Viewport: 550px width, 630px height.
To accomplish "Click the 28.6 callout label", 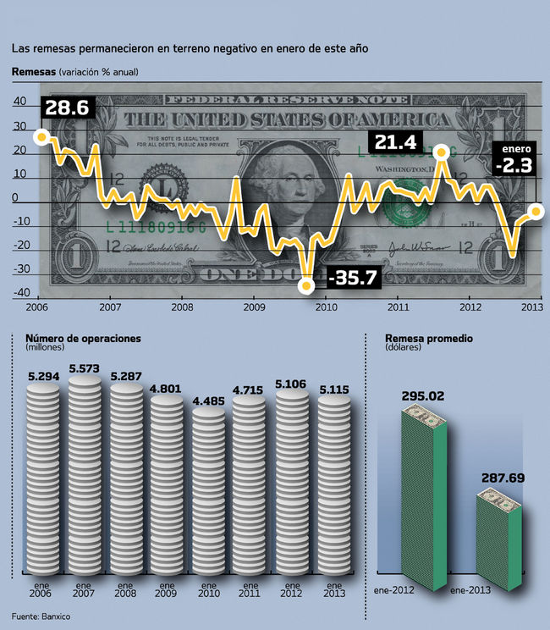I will (67, 108).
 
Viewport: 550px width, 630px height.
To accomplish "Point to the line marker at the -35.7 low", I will (307, 287).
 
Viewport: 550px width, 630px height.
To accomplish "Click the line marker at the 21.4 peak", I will (441, 152).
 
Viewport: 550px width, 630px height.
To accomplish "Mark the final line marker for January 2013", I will (536, 209).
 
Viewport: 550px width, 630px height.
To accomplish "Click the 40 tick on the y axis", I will (19, 102).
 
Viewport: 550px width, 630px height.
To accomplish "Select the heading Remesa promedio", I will (428, 338).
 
